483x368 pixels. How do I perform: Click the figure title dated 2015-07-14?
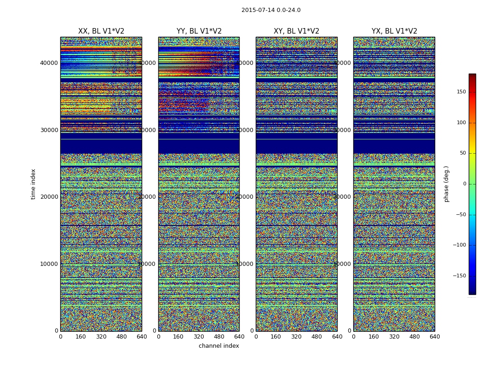271,10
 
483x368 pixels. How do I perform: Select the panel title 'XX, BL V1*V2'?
101,31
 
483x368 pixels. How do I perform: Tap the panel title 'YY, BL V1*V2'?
199,31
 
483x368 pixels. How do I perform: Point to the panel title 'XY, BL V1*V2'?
296,31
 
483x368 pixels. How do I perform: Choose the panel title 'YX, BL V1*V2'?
394,31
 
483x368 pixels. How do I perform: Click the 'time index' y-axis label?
33,184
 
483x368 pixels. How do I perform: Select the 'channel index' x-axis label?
219,346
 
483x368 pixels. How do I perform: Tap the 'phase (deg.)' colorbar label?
446,184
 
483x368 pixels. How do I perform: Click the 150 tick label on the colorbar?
461,92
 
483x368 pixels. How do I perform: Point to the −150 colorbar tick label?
460,276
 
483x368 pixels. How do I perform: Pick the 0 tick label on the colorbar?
465,184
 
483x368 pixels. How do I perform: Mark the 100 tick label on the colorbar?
461,123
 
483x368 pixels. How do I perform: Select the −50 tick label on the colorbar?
461,215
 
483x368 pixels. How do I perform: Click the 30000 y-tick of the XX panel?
50,130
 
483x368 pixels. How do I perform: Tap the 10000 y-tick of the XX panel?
50,264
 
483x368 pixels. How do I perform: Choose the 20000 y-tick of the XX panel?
50,197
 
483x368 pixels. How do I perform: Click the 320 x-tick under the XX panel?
101,337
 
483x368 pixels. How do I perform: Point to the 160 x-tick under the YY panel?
178,337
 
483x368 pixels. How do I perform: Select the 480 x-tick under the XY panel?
317,337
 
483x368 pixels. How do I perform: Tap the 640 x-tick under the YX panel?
435,337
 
